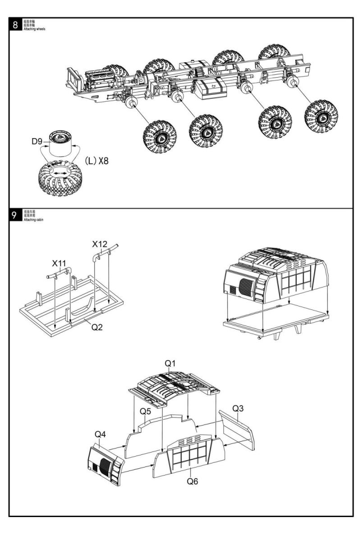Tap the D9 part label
click(38, 141)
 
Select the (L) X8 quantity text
click(96, 160)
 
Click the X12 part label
click(100, 244)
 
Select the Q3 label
click(239, 408)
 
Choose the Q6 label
click(193, 481)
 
